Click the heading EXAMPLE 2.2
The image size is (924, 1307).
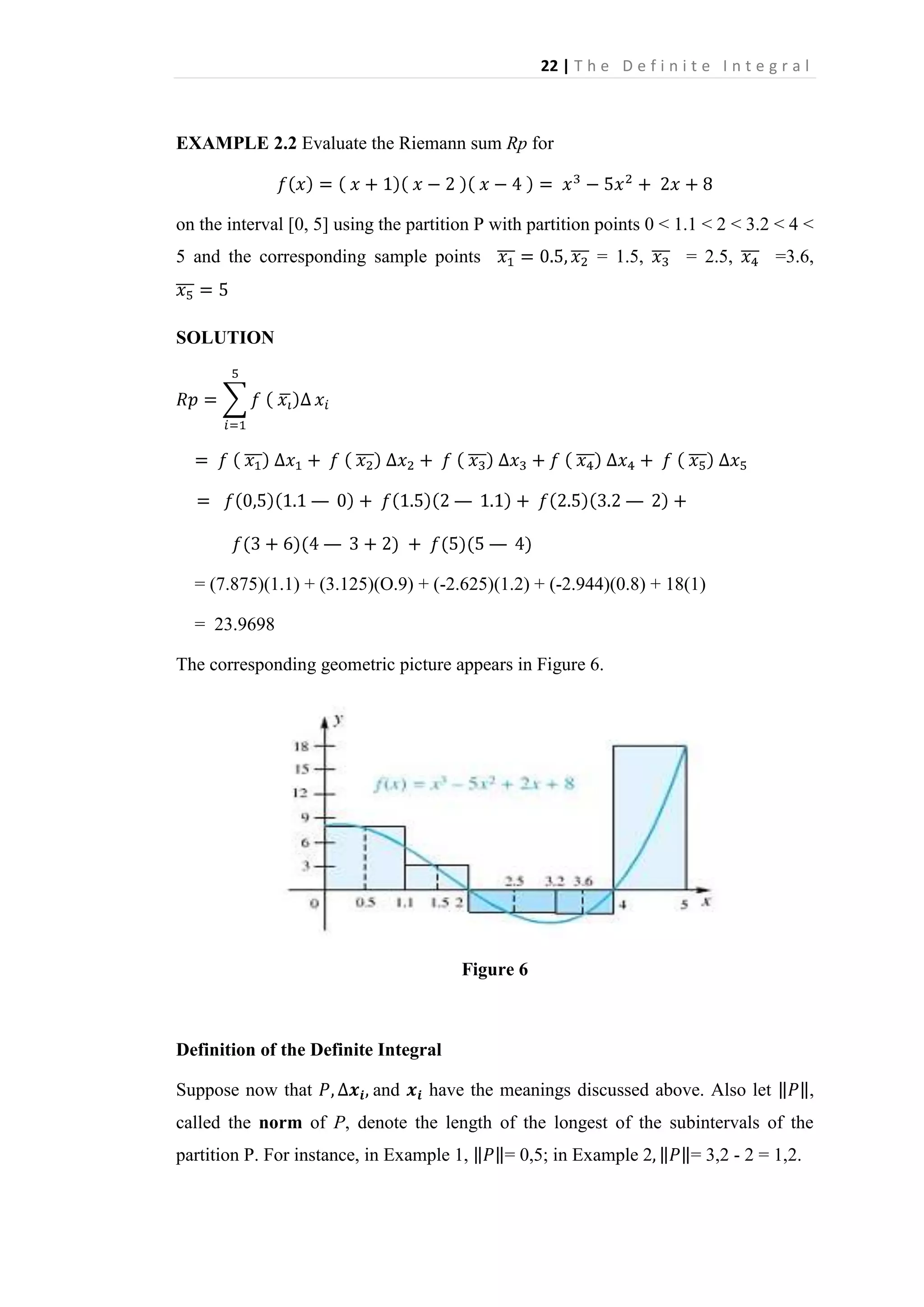point(236,144)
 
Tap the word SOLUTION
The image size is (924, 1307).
point(225,338)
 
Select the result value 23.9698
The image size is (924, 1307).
point(244,625)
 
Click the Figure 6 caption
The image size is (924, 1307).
point(494,969)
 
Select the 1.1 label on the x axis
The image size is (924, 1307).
point(404,903)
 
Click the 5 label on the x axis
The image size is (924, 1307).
point(684,904)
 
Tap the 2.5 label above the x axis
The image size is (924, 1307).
point(514,881)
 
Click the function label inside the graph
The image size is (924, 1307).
point(474,784)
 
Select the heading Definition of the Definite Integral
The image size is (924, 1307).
point(309,1050)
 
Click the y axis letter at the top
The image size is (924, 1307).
point(338,721)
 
